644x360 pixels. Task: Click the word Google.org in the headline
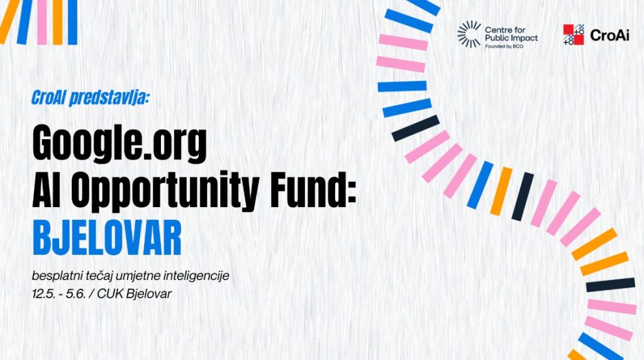pyautogui.click(x=119, y=144)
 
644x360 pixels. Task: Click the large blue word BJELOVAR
pyautogui.click(x=107, y=238)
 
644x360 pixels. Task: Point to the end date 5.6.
pyautogui.click(x=75, y=294)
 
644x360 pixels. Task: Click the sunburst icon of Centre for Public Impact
pyautogui.click(x=469, y=35)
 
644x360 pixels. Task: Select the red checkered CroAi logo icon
pyautogui.click(x=574, y=35)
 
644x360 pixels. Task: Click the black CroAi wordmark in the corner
pyautogui.click(x=609, y=35)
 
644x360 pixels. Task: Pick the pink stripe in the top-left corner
pyautogui.click(x=42, y=22)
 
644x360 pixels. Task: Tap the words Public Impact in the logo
pyautogui.click(x=511, y=38)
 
